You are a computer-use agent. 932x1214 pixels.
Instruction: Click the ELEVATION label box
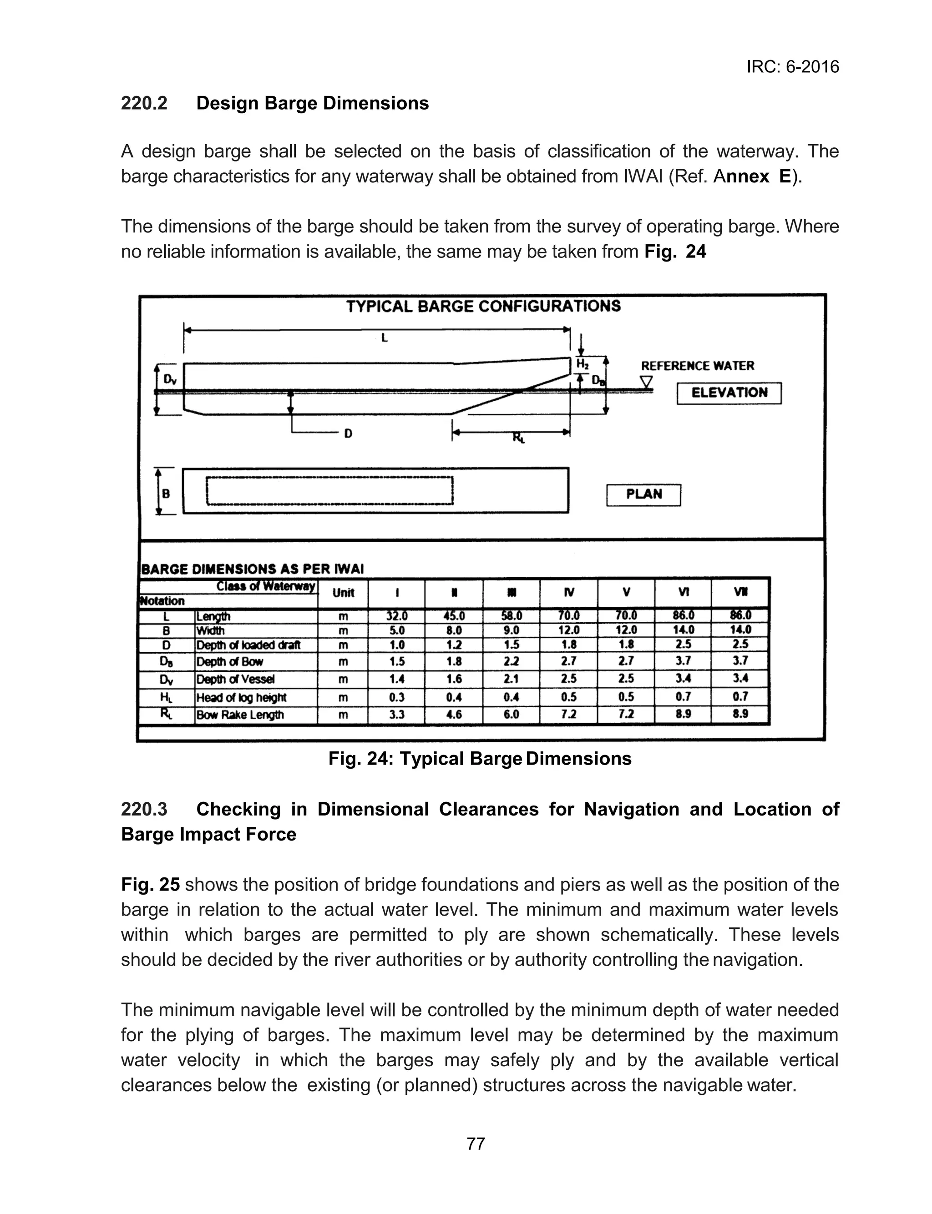[729, 393]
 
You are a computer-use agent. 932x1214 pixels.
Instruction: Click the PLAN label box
[643, 494]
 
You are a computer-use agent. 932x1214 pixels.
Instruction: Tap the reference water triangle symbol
[646, 383]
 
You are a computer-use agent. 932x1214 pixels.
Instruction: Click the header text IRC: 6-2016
[792, 67]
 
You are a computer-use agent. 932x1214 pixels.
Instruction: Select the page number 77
[476, 1143]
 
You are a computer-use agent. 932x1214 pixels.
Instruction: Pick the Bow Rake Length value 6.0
[511, 715]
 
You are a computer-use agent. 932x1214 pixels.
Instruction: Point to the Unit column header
[343, 593]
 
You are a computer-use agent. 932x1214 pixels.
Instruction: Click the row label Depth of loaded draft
[248, 645]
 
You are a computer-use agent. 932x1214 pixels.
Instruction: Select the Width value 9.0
[511, 630]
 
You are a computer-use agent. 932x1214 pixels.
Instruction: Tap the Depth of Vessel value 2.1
[511, 679]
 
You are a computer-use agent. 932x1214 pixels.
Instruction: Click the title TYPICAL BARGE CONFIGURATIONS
[483, 307]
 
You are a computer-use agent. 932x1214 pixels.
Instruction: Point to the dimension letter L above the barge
[384, 338]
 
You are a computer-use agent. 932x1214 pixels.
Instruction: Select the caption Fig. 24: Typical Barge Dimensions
[480, 758]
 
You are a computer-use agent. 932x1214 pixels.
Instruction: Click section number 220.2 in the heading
[144, 104]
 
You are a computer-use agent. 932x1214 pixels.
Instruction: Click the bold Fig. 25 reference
[150, 884]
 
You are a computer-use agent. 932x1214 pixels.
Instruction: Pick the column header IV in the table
[569, 593]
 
